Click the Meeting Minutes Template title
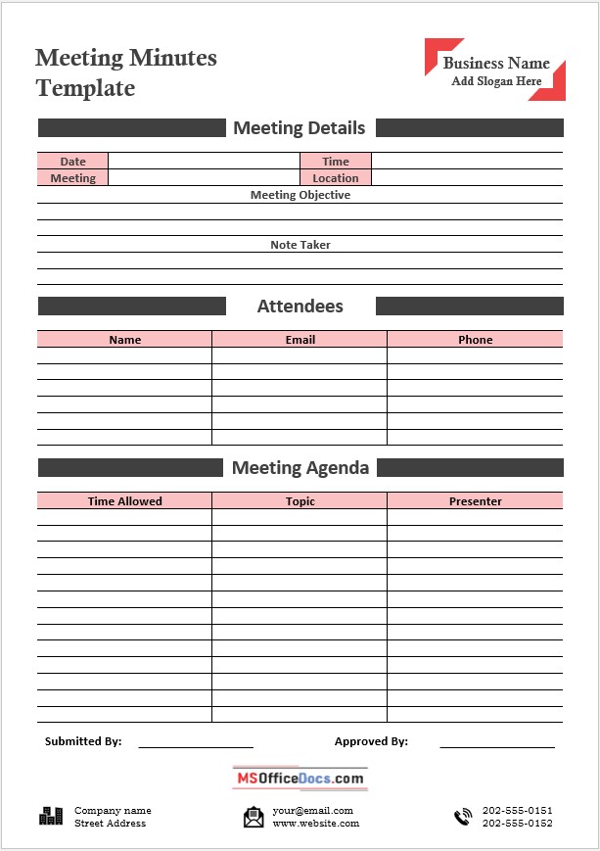[x=126, y=73]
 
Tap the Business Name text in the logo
[x=496, y=64]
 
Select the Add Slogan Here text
[x=496, y=81]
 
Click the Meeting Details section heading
[x=300, y=128]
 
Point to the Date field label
[x=72, y=162]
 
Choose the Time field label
[x=336, y=162]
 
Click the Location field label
[x=336, y=178]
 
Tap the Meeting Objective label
[x=300, y=195]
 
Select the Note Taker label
[x=300, y=245]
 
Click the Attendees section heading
[x=300, y=307]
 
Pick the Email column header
[x=300, y=340]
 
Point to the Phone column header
[x=475, y=340]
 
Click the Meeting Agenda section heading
[x=300, y=468]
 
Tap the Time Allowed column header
[x=124, y=501]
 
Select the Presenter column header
[x=475, y=501]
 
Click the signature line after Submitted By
[x=196, y=746]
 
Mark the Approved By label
[x=371, y=742]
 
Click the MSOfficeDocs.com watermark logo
[x=300, y=779]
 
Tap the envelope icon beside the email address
[x=254, y=817]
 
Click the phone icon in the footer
[x=462, y=817]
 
